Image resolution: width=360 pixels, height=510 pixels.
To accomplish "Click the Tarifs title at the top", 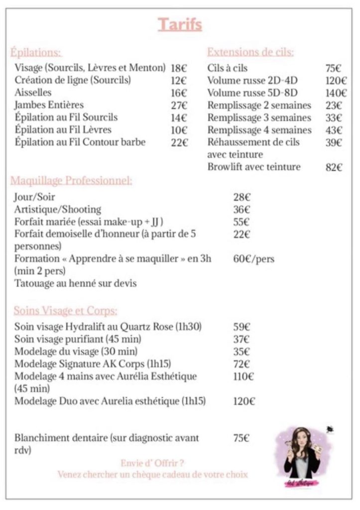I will [180, 24].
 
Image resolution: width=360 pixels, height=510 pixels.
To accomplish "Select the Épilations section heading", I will [36, 52].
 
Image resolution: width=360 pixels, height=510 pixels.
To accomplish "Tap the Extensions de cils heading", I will [250, 52].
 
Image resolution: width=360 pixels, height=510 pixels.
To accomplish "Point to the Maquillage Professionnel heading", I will [73, 180].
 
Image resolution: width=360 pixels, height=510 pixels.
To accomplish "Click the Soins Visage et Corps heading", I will [65, 311].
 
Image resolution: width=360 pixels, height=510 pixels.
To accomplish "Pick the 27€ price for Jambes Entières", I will [179, 105].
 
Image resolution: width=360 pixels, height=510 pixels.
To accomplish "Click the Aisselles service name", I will [33, 93].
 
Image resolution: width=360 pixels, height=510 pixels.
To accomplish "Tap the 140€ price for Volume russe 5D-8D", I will [336, 93].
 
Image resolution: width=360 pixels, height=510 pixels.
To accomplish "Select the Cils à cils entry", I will [227, 68].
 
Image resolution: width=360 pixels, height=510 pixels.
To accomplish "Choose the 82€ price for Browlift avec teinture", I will [334, 167].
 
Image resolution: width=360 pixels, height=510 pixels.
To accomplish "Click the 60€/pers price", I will [253, 259].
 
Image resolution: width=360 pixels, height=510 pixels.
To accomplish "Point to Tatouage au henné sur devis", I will [75, 283].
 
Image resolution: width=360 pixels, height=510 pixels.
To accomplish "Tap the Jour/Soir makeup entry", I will [34, 197].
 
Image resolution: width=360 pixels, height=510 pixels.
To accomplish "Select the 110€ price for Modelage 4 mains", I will [243, 377].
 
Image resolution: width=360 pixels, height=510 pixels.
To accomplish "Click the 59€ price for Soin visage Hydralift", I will [241, 327].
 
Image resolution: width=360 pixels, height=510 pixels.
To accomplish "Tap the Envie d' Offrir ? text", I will [152, 463].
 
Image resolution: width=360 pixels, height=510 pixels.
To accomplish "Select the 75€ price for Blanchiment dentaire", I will [241, 438].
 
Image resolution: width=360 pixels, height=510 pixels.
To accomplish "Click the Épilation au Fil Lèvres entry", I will [63, 130].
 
